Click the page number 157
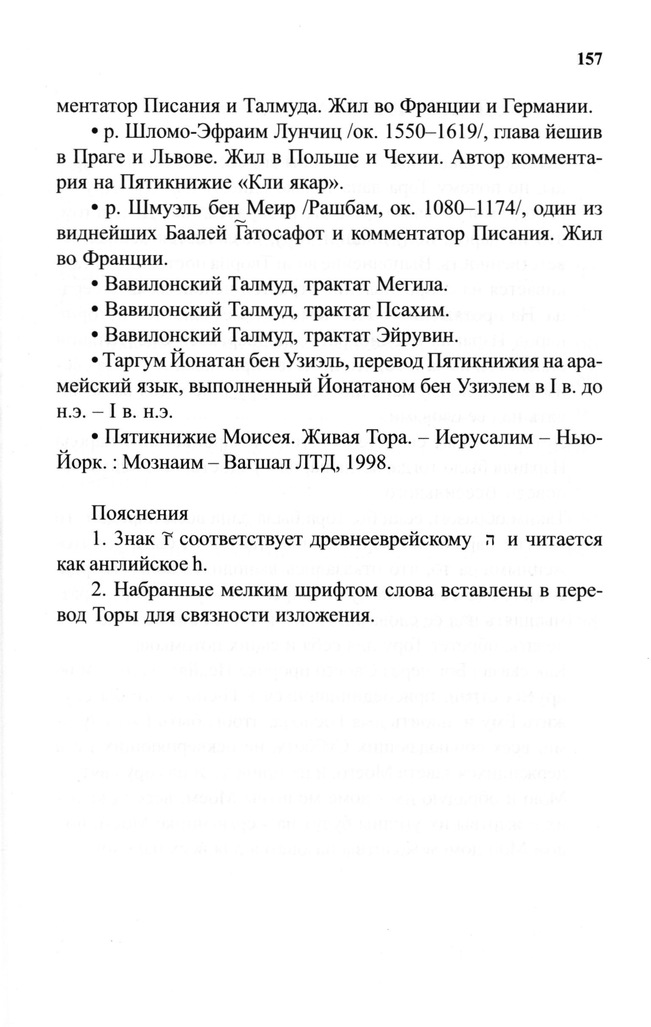[589, 58]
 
